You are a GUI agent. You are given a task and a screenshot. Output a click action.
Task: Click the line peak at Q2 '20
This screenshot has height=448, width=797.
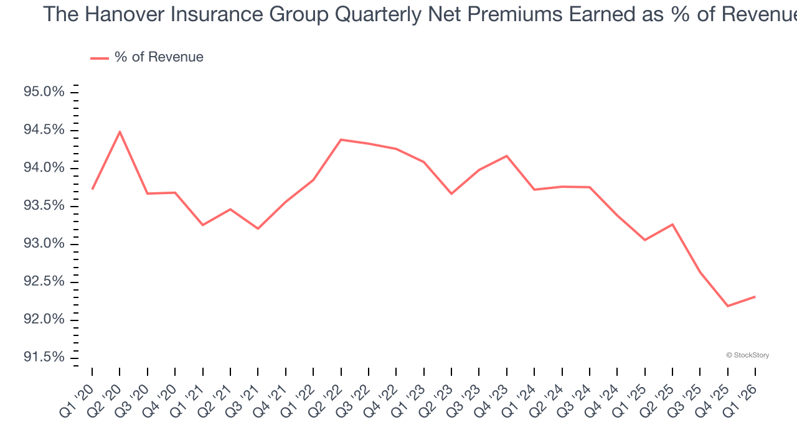pyautogui.click(x=120, y=131)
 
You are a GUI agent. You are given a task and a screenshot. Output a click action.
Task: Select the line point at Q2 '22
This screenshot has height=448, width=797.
pyautogui.click(x=341, y=139)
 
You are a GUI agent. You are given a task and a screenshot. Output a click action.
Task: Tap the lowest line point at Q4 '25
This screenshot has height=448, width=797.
pyautogui.click(x=728, y=306)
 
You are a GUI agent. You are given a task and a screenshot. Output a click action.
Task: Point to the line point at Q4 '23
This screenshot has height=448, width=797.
pyautogui.click(x=507, y=156)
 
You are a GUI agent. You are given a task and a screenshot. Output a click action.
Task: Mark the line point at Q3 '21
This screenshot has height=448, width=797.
pyautogui.click(x=258, y=229)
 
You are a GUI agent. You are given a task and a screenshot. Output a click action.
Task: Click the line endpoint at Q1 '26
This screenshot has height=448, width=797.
pyautogui.click(x=755, y=297)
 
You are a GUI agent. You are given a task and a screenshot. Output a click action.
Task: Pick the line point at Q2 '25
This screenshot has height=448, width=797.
pyautogui.click(x=672, y=224)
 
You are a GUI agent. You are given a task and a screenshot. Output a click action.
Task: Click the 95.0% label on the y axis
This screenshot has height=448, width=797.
pyautogui.click(x=44, y=92)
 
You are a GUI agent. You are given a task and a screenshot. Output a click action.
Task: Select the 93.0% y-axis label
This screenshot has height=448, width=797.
pyautogui.click(x=44, y=244)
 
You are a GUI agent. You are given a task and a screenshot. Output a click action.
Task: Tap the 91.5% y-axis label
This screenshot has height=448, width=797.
pyautogui.click(x=44, y=357)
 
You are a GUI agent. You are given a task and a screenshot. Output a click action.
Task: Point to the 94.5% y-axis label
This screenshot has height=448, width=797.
pyautogui.click(x=44, y=130)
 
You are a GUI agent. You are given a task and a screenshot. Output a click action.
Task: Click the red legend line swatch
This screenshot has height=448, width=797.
pyautogui.click(x=100, y=58)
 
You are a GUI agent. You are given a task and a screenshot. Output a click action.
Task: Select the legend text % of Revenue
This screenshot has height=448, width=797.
pyautogui.click(x=159, y=57)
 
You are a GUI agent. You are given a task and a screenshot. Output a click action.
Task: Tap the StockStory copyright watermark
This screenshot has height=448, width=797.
pyautogui.click(x=747, y=355)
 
